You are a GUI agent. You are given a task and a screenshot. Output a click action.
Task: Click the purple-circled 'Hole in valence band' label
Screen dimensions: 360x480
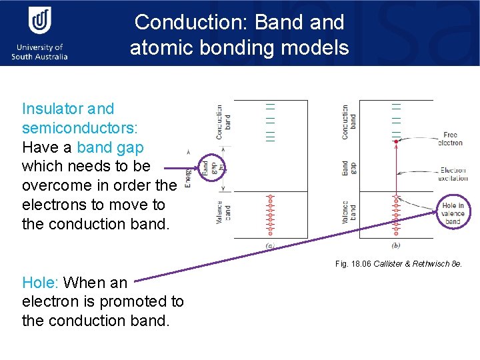pyautogui.click(x=453, y=213)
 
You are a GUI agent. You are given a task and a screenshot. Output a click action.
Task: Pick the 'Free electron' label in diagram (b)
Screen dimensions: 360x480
pyautogui.click(x=451, y=139)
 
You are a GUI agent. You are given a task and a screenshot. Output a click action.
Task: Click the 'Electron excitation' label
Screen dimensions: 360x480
pyautogui.click(x=453, y=174)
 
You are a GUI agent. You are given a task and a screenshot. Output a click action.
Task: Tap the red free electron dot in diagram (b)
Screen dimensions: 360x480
pyautogui.click(x=397, y=140)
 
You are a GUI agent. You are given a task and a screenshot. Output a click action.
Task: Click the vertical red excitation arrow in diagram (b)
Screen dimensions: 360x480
pyautogui.click(x=397, y=170)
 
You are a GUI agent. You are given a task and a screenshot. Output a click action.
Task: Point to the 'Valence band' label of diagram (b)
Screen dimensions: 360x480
pyautogui.click(x=348, y=213)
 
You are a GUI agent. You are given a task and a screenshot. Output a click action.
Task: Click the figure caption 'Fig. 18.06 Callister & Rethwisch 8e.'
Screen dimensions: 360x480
pyautogui.click(x=399, y=264)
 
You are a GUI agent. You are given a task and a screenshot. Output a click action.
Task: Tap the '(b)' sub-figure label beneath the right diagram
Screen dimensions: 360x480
pyautogui.click(x=397, y=246)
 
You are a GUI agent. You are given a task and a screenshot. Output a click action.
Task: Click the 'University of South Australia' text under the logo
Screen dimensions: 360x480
pyautogui.click(x=39, y=52)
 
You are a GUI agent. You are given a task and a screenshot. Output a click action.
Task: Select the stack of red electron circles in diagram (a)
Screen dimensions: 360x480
pyautogui.click(x=270, y=215)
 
